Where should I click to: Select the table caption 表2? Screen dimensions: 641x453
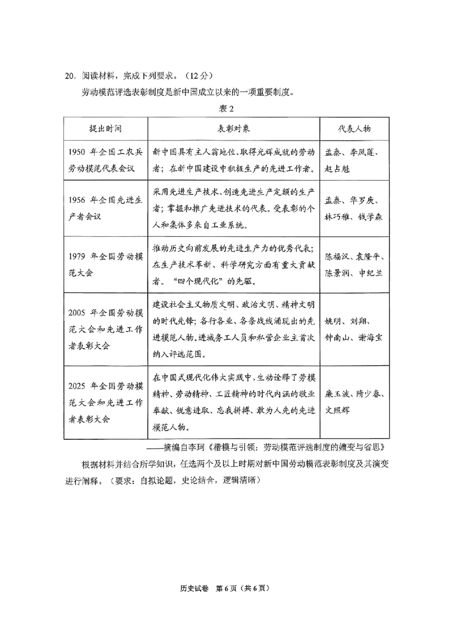[226, 108]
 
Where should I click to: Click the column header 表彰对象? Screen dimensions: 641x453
[234, 128]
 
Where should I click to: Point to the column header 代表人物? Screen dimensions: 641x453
[354, 128]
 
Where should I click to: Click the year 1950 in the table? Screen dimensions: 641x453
[78, 153]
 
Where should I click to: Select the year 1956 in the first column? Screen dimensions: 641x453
[78, 201]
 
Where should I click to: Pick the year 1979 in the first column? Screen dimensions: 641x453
[78, 257]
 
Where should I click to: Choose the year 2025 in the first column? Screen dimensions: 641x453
[78, 386]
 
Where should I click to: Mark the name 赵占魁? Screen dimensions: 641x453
[337, 168]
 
